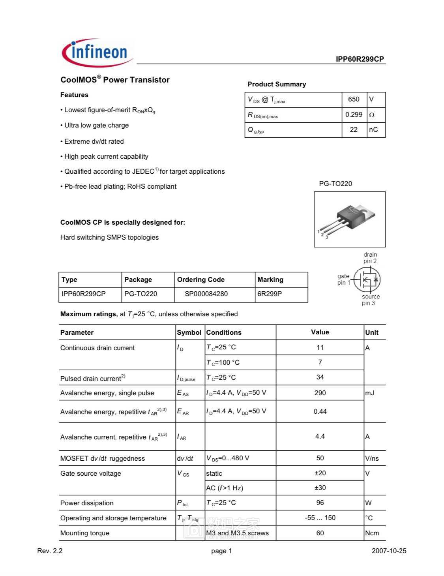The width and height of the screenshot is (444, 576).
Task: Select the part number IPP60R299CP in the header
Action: pyautogui.click(x=360, y=59)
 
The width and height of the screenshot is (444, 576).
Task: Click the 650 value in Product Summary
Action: pyautogui.click(x=354, y=99)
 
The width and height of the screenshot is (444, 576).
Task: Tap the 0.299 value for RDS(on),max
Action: pyautogui.click(x=354, y=115)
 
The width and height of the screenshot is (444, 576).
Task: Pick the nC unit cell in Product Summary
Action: pyautogui.click(x=373, y=130)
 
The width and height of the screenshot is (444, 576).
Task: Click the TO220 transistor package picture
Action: pyautogui.click(x=349, y=219)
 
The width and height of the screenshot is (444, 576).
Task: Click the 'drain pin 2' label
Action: pyautogui.click(x=370, y=258)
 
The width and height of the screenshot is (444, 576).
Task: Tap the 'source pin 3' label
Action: pyautogui.click(x=371, y=300)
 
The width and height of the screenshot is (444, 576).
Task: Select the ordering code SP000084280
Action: pyautogui.click(x=206, y=294)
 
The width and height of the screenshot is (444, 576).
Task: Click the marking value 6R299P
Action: pyautogui.click(x=270, y=294)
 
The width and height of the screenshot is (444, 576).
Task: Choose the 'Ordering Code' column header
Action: pyautogui.click(x=200, y=280)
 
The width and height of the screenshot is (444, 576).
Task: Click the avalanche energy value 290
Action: pyautogui.click(x=320, y=393)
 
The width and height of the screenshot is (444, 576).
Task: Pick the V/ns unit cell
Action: pyautogui.click(x=372, y=458)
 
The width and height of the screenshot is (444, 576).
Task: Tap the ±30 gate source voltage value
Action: pyautogui.click(x=320, y=488)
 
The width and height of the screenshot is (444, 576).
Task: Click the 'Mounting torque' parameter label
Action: pyautogui.click(x=85, y=533)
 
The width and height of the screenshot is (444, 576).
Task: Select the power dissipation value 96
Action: pyautogui.click(x=320, y=503)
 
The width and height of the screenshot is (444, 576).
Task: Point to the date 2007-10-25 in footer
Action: pyautogui.click(x=389, y=551)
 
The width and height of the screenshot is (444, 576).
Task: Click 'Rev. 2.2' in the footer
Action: pyautogui.click(x=50, y=551)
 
